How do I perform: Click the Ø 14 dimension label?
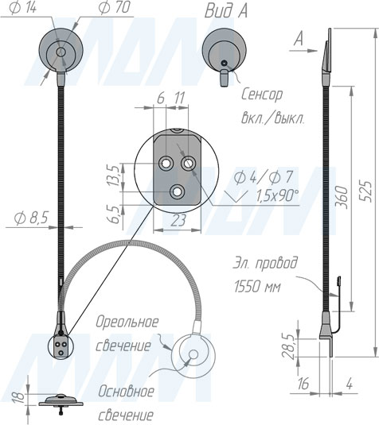point(22,8)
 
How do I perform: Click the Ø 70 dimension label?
point(114,8)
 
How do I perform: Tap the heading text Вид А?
point(226,11)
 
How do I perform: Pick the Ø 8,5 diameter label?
point(31,218)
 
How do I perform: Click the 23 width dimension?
point(178,220)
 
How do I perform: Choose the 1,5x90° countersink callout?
point(277,195)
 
